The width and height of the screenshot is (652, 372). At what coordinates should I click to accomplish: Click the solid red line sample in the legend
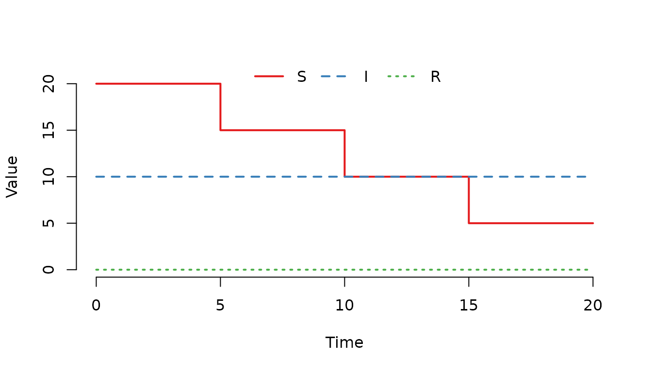tap(269, 76)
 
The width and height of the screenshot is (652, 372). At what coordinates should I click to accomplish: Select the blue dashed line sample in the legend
tap(334, 76)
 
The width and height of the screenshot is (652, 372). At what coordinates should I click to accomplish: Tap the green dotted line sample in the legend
tap(401, 76)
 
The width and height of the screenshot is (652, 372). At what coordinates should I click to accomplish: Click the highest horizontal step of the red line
tap(158, 84)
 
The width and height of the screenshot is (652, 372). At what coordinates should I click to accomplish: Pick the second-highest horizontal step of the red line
tap(282, 130)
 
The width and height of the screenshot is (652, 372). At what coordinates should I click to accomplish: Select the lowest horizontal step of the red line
tap(531, 223)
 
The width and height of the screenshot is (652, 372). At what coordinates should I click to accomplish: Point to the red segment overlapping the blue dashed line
tap(407, 176)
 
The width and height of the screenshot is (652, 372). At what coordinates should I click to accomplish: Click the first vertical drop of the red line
tap(221, 107)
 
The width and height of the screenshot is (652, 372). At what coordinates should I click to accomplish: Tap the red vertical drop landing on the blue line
tap(344, 153)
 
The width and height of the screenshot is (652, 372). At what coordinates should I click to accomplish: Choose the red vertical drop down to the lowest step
tap(469, 200)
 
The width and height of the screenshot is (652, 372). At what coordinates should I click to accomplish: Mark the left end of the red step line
tap(97, 84)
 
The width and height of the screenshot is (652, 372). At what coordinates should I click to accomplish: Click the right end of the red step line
tap(593, 223)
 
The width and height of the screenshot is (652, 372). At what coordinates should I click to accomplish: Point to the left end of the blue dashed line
tap(97, 176)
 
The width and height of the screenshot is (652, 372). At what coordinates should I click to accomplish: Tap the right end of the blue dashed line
tap(586, 176)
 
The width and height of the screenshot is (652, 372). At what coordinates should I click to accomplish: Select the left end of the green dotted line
tap(97, 269)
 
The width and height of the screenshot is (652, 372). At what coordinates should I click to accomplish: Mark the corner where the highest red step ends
tap(221, 84)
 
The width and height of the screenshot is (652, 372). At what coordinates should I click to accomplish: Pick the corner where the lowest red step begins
tap(469, 223)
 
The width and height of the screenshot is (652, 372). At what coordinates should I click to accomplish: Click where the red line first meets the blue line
tap(344, 176)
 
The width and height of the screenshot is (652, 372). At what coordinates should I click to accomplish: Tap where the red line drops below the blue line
tap(469, 176)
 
